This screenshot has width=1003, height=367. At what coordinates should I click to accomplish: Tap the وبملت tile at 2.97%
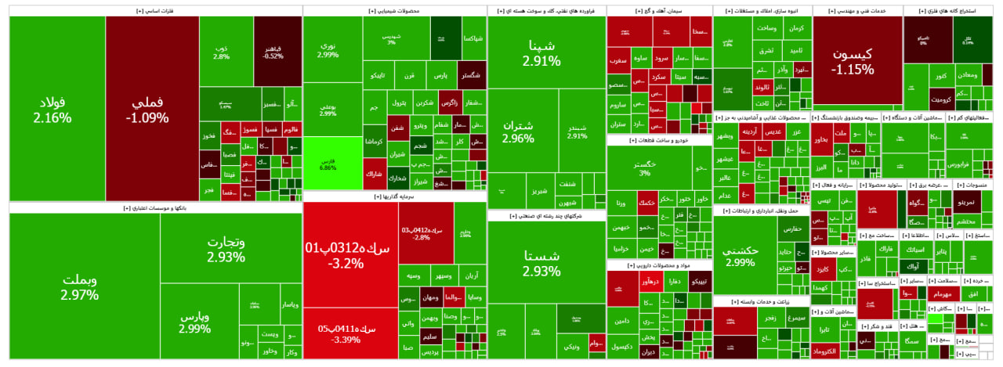[x=79, y=286]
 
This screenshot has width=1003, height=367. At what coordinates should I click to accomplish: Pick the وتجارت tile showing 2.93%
[x=226, y=249]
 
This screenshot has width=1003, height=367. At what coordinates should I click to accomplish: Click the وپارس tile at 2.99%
[x=194, y=322]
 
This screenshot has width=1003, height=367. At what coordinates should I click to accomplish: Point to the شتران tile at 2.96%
[x=518, y=131]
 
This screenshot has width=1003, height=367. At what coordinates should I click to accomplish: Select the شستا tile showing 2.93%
[x=542, y=262]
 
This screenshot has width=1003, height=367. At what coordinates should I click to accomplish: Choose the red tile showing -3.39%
[x=345, y=333]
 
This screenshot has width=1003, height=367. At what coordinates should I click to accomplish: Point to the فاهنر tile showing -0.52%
[x=273, y=52]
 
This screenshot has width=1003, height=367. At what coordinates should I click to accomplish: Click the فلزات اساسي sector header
[x=154, y=11]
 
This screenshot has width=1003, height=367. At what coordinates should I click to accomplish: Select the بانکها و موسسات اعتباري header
[x=154, y=208]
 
